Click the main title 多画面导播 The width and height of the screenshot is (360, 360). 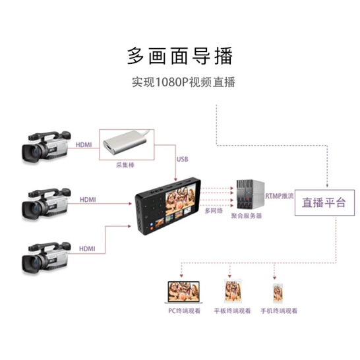click(180, 56)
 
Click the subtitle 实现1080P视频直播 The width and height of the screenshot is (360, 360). click(183, 82)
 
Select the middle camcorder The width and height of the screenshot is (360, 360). click(46, 204)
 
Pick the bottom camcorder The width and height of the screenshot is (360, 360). click(46, 258)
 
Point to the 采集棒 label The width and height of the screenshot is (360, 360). click(125, 165)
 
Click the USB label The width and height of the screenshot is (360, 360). click(182, 159)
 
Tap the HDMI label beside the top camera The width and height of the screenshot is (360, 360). click(84, 145)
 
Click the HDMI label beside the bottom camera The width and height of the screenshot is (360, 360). click(87, 249)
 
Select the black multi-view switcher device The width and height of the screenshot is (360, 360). click(168, 206)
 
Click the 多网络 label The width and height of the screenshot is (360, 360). click(214, 210)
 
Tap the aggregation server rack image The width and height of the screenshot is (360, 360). click(251, 194)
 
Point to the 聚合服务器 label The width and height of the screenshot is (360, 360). click(247, 216)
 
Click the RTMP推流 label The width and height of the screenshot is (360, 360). click(280, 196)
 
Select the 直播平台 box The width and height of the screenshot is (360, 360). click(324, 202)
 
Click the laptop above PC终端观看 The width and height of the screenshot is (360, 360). click(184, 292)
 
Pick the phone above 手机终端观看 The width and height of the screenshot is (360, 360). click(278, 293)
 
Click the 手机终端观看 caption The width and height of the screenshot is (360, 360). click(279, 311)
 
